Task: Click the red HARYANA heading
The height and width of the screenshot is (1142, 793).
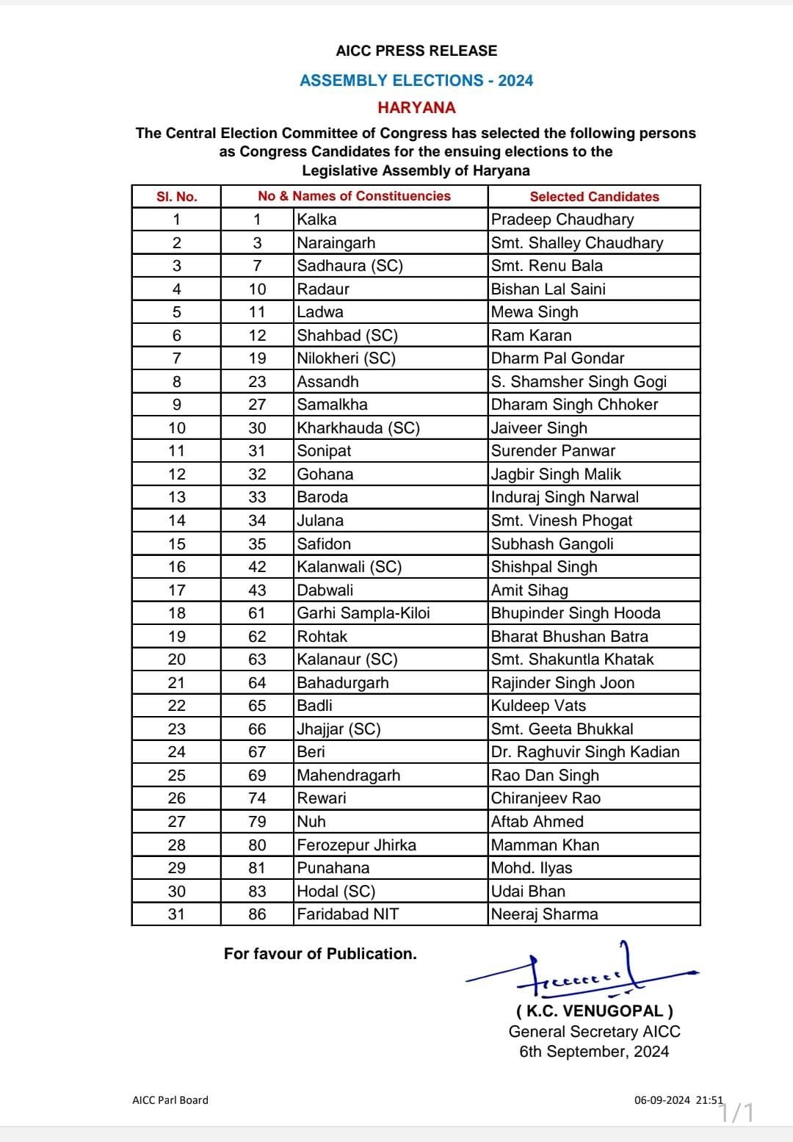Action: point(416,107)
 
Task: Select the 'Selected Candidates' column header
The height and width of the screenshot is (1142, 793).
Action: point(594,196)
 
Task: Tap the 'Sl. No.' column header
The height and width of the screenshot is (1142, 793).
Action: point(176,196)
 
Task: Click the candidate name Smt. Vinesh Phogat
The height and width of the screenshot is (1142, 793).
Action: point(562,521)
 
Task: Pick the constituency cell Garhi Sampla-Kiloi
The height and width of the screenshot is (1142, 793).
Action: point(363,613)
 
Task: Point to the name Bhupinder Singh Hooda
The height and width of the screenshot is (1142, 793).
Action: point(576,613)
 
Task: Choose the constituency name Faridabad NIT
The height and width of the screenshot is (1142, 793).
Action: point(348,914)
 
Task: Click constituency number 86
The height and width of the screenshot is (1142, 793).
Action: point(257,914)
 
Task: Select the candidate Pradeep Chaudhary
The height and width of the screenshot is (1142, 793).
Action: point(562,220)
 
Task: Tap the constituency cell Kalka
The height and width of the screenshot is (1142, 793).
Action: point(316,220)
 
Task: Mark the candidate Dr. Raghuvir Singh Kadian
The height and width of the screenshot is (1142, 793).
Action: point(585,752)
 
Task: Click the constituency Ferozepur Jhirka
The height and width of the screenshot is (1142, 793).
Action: point(356,845)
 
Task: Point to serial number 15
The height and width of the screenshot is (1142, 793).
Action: point(176,544)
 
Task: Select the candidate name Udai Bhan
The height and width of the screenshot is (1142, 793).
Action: point(528,892)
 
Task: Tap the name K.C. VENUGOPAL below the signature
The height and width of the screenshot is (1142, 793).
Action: point(594,1011)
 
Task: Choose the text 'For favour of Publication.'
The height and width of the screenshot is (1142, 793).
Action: point(320,954)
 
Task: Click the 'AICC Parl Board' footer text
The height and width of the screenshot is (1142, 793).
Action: point(170,1100)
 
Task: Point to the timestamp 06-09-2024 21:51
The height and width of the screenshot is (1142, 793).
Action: point(678,1100)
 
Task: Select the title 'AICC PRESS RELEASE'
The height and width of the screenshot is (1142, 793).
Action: point(416,51)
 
